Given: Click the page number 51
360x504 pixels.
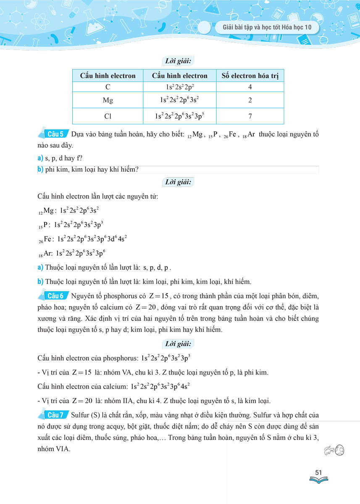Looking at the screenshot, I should [318, 473].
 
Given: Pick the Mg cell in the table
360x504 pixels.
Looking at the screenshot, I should [108, 100].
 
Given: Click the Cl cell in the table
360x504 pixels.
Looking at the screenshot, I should [108, 116].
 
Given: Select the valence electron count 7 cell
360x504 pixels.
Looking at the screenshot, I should [250, 116].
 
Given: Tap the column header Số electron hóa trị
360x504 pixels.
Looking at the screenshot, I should [250, 76].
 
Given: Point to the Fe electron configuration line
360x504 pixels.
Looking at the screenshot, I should [82, 239].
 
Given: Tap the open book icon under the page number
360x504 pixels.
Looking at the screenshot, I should [318, 479].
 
